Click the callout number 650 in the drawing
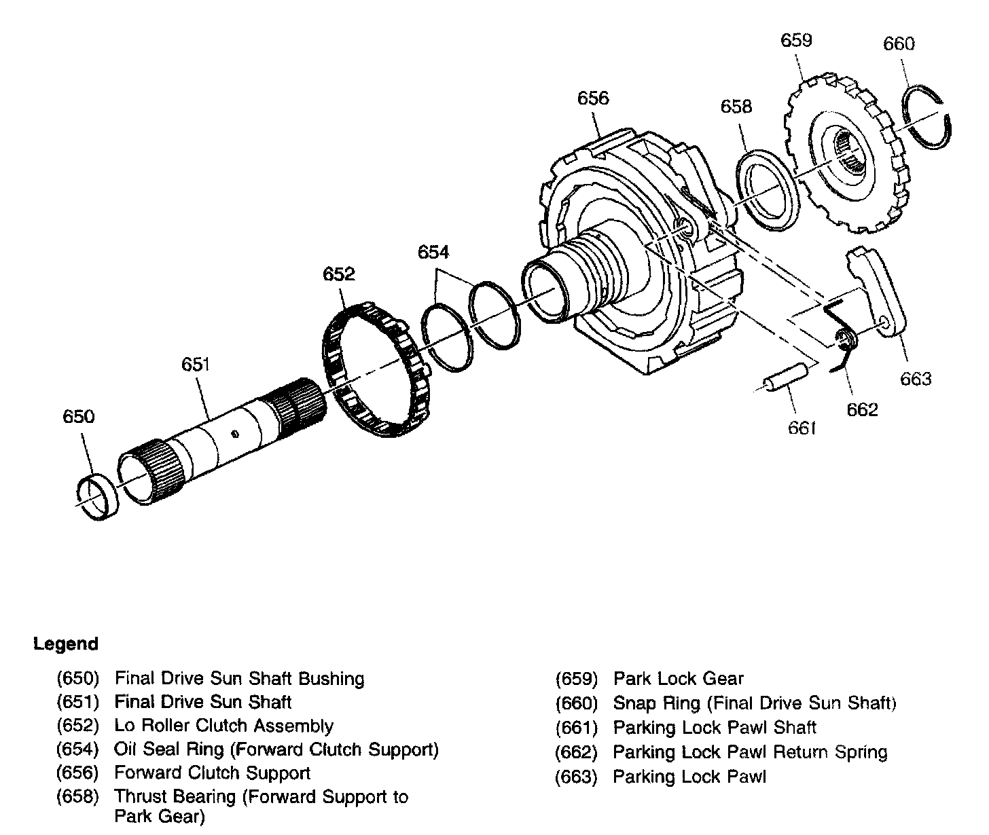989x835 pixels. pos(79,417)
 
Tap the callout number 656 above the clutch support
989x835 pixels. pos(593,98)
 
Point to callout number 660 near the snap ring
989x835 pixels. pos(899,44)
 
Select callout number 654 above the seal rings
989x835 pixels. pos(433,253)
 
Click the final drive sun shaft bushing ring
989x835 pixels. pos(98,496)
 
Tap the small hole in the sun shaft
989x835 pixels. pos(235,434)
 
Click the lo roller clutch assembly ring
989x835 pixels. pos(376,369)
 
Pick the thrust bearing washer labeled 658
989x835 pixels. pos(768,191)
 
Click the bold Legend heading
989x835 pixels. pos(66,644)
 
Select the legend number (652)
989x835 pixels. pos(77,726)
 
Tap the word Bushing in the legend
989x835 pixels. pos(331,679)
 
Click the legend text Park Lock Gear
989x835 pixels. pos(679,679)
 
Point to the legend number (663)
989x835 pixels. pos(576,777)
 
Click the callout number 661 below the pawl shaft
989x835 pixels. pos(802,428)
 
